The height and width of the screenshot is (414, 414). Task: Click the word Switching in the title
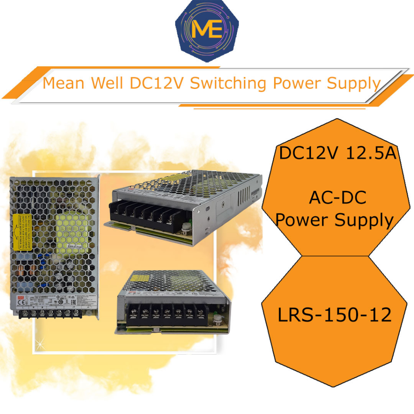tap(229, 84)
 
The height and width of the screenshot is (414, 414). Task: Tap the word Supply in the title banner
tap(354, 84)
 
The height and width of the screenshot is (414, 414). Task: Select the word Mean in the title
tap(63, 84)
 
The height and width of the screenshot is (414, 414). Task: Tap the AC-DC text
tap(337, 198)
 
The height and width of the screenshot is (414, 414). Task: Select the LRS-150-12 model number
tap(335, 315)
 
